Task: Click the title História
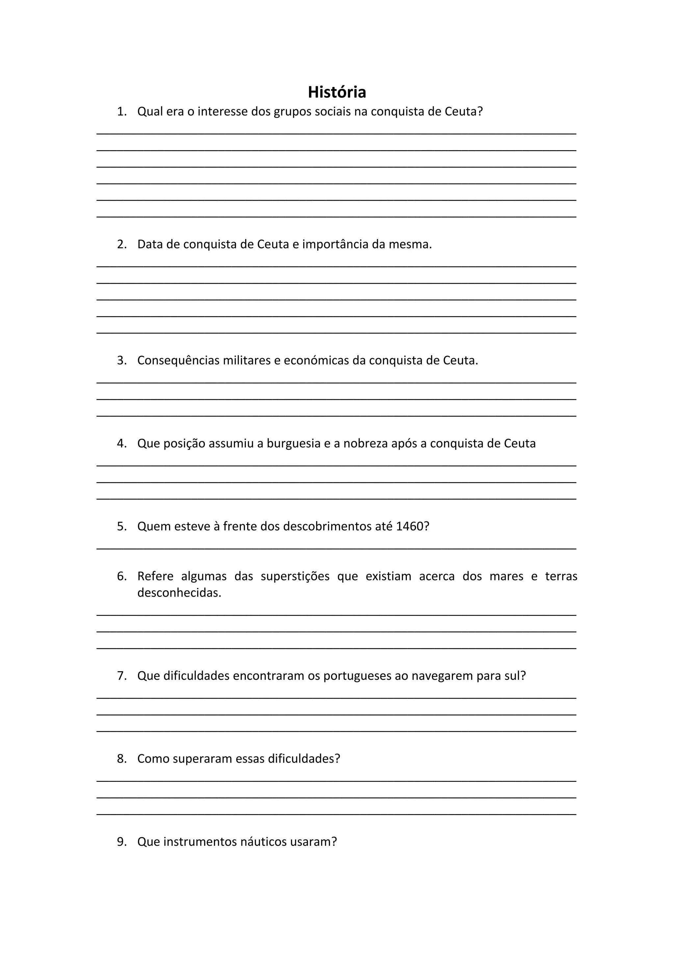coord(337,92)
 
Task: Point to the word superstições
coord(295,576)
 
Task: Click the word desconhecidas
coord(179,593)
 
